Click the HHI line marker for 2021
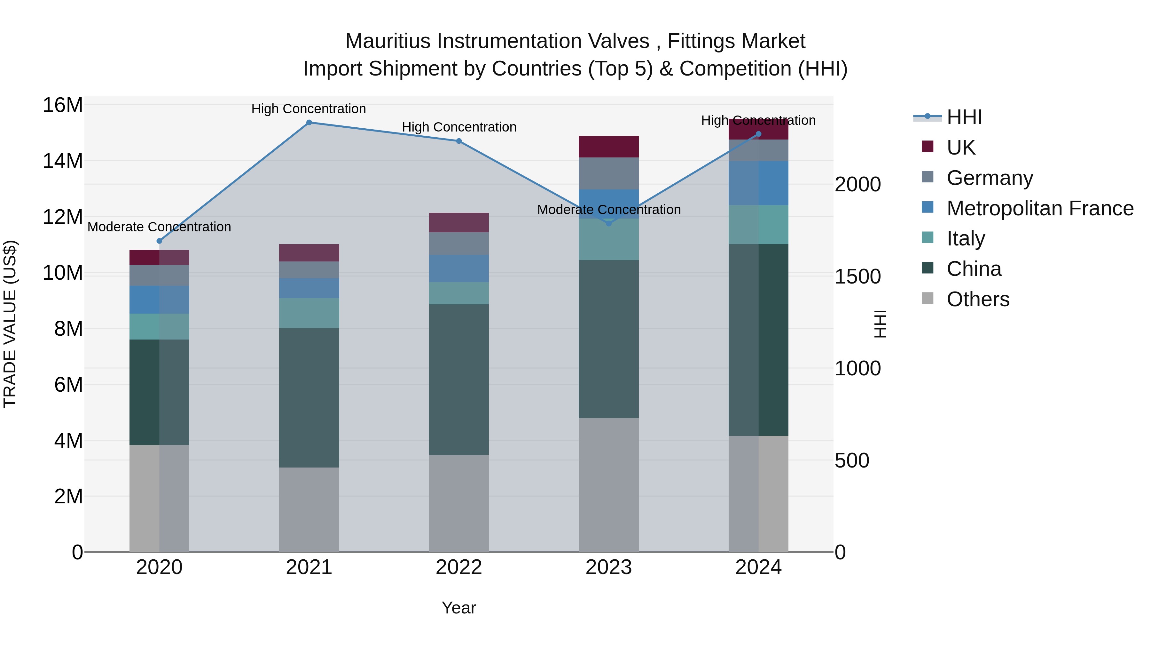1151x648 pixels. tap(309, 123)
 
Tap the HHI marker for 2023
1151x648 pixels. tap(608, 223)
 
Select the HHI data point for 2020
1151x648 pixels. tap(160, 241)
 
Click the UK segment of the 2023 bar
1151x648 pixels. tap(608, 147)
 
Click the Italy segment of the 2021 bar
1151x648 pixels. tap(309, 313)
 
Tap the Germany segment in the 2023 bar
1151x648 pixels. tap(608, 173)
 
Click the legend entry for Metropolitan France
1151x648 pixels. tap(1040, 208)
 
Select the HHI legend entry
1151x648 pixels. tap(964, 117)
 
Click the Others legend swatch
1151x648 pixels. tap(928, 298)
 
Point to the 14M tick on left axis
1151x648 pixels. tap(63, 161)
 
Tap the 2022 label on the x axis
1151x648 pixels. tap(459, 567)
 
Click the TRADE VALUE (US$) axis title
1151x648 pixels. tap(10, 324)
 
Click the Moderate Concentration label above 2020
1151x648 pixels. tap(159, 227)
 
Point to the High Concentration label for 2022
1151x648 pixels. tap(459, 127)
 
